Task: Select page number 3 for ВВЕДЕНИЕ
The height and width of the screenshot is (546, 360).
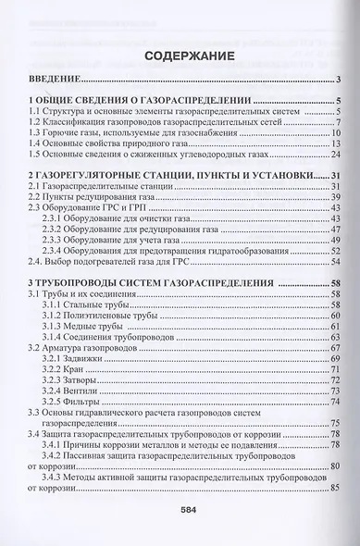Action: pyautogui.click(x=341, y=81)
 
